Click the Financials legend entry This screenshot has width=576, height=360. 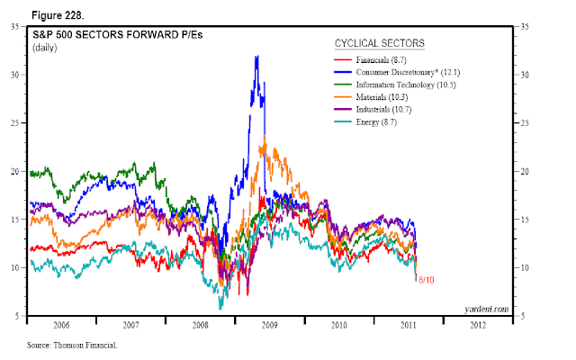pyautogui.click(x=370, y=60)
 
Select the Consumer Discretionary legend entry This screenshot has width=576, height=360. pyautogui.click(x=397, y=72)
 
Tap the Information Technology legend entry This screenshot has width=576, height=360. pyautogui.click(x=395, y=85)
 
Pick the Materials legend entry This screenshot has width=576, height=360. pyautogui.click(x=371, y=97)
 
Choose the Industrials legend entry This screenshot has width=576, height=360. pyautogui.click(x=373, y=110)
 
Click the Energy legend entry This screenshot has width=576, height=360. pyautogui.click(x=365, y=122)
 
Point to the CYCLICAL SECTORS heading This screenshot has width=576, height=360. pyautogui.click(x=380, y=43)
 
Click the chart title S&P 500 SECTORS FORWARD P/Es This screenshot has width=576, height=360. pyautogui.click(x=118, y=34)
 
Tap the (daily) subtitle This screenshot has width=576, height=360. pyautogui.click(x=44, y=48)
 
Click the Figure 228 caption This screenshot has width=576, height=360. pyautogui.click(x=58, y=15)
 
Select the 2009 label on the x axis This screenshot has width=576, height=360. pyautogui.click(x=270, y=325)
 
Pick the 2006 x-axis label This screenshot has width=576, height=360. pyautogui.click(x=61, y=325)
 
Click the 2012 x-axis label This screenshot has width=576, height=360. pyautogui.click(x=478, y=325)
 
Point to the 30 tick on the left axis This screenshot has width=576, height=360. pyautogui.click(x=14, y=75)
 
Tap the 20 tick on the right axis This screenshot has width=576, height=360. pyautogui.click(x=525, y=171)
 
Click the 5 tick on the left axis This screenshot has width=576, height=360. pyautogui.click(x=16, y=316)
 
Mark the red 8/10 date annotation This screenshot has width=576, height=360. pyautogui.click(x=426, y=280)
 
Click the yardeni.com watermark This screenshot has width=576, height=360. pyautogui.click(x=486, y=310)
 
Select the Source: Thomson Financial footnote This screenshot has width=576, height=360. pyautogui.click(x=72, y=346)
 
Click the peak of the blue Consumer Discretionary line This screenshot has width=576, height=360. pyautogui.click(x=256, y=56)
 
